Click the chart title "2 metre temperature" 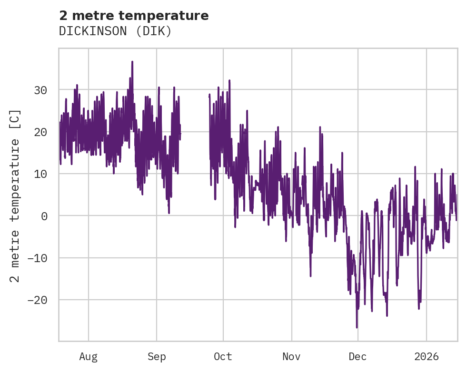[134, 16]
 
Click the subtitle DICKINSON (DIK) [115, 31]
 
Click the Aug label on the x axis [88, 356]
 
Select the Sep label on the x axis [157, 356]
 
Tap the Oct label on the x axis [223, 356]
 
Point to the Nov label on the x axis [291, 356]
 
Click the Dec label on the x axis [358, 356]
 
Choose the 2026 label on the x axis [426, 356]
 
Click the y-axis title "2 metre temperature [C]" [15, 195]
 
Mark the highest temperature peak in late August [132, 62]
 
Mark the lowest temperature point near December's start [357, 327]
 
